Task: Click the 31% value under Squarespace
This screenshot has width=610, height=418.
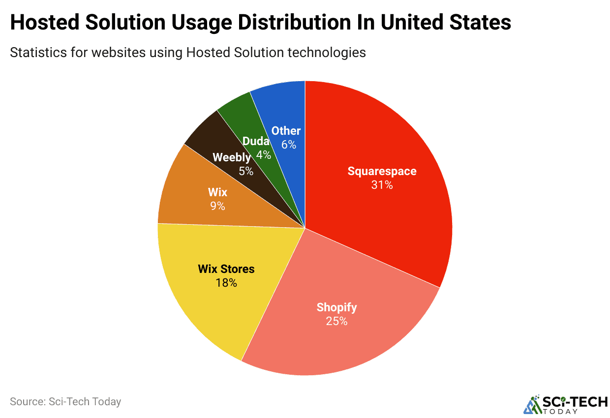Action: [x=382, y=185]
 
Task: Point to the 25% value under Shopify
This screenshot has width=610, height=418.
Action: [x=336, y=321]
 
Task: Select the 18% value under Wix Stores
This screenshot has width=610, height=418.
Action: [x=226, y=283]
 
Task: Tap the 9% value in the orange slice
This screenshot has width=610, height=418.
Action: [x=217, y=206]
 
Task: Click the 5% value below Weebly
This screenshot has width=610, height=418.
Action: [x=246, y=171]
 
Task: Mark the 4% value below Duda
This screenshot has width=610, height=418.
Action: [x=263, y=154]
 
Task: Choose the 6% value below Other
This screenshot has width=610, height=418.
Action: [x=288, y=145]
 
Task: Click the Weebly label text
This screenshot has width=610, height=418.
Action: [x=232, y=158]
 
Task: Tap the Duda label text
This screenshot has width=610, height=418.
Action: [x=256, y=141]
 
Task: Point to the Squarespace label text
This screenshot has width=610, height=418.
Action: [x=382, y=171]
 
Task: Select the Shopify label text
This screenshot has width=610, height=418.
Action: [x=336, y=307]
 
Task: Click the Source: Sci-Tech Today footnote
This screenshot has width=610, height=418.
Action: [x=65, y=401]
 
